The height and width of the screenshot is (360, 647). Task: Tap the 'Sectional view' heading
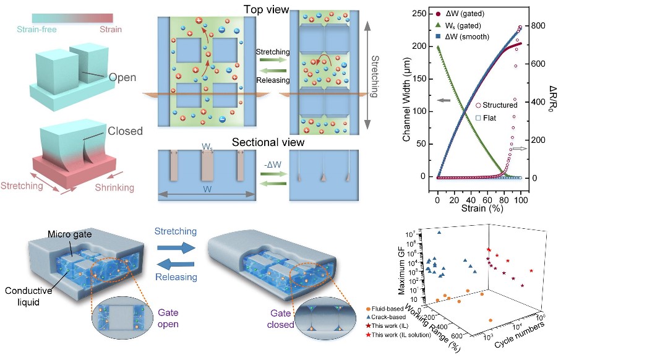click(x=268, y=143)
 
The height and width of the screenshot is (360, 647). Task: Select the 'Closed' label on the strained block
click(x=126, y=131)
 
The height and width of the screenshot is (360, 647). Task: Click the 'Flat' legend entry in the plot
click(x=492, y=117)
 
